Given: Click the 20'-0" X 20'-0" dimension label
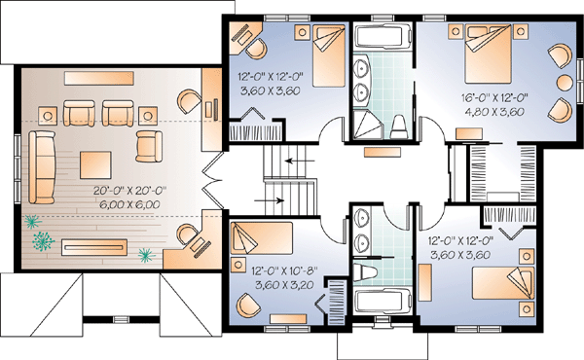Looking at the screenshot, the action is (129, 191).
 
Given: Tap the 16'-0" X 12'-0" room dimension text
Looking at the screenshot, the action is (495, 98).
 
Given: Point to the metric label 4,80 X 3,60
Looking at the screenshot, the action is (495, 111).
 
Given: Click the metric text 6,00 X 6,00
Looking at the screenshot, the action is (129, 204).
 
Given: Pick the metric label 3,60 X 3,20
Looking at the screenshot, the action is (284, 285).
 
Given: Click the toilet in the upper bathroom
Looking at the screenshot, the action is (399, 126).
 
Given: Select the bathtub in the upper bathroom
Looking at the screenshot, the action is (383, 36).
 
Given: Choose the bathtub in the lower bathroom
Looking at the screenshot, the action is (383, 302).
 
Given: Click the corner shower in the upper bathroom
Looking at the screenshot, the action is (367, 125).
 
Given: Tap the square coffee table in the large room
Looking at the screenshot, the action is (95, 165).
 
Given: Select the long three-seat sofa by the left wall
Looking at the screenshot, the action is (42, 167).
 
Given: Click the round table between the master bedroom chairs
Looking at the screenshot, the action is (565, 83).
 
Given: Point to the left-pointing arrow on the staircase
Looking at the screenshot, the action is (300, 162).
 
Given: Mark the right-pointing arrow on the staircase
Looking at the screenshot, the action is (269, 200).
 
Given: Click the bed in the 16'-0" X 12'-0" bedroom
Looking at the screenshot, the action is (488, 54).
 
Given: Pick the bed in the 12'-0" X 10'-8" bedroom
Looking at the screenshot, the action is (262, 238).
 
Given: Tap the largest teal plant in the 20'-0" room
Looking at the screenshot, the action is (44, 241).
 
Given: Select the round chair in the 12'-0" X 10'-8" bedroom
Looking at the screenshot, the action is (247, 305).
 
